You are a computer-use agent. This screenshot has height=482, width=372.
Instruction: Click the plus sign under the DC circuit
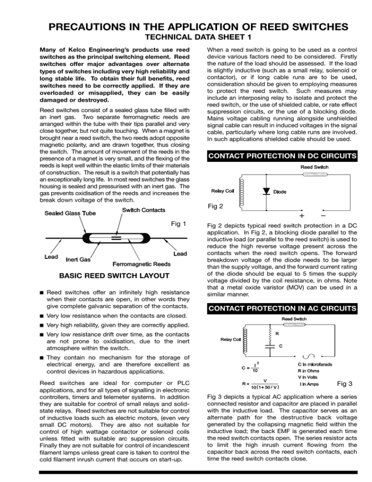[x=289, y=215]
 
